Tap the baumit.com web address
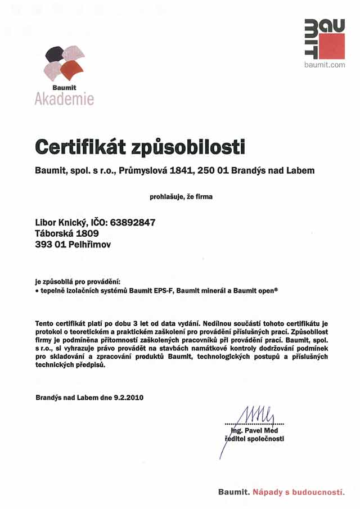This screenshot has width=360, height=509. [325, 65]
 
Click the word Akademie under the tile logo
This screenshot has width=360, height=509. [64, 100]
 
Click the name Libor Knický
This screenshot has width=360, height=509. [62, 222]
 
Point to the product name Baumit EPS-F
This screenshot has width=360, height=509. [150, 291]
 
